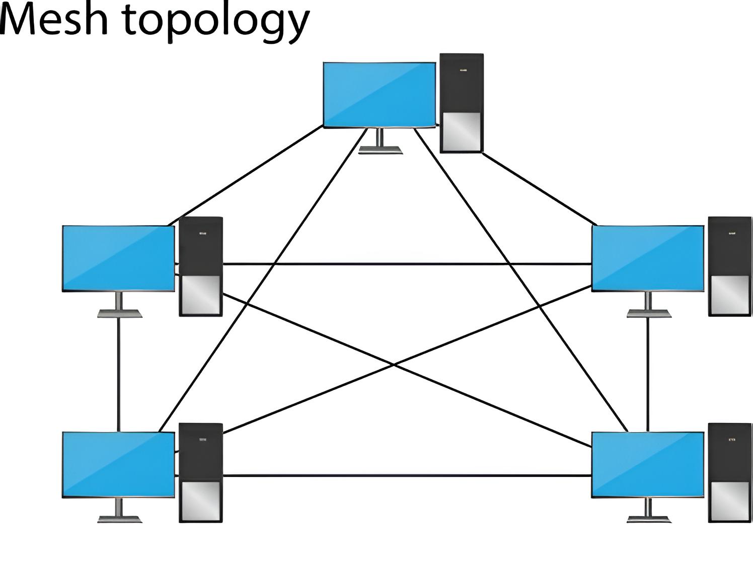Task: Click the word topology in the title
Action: [216, 23]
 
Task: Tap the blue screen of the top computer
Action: [379, 94]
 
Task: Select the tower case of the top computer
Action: [462, 91]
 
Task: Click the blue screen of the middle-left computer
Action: [118, 258]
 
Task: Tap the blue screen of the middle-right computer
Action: [648, 258]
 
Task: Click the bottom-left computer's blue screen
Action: [118, 464]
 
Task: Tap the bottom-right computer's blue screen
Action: [648, 464]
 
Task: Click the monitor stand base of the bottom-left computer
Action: [119, 519]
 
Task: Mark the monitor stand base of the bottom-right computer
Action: [649, 519]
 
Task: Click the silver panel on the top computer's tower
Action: [462, 132]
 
